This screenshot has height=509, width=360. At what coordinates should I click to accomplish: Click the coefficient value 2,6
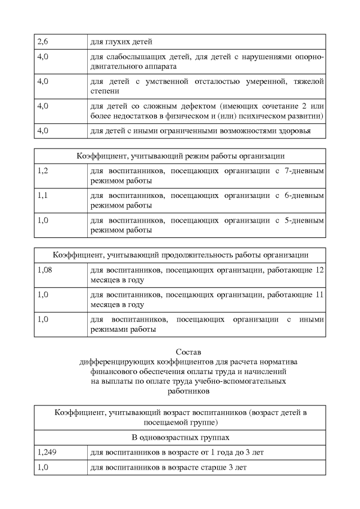pyautogui.click(x=43, y=42)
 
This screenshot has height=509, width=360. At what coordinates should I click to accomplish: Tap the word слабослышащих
pyautogui.click(x=133, y=57)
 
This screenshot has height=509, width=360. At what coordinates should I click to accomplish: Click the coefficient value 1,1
pyautogui.click(x=43, y=196)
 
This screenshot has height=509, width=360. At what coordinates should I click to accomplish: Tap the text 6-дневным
pyautogui.click(x=304, y=196)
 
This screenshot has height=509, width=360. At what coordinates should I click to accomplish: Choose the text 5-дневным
pyautogui.click(x=304, y=220)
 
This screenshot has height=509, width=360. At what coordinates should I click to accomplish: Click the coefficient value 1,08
pyautogui.click(x=45, y=270)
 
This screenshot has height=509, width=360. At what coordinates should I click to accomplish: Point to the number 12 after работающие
pyautogui.click(x=319, y=270)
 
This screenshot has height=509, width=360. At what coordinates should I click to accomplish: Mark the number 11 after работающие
pyautogui.click(x=319, y=295)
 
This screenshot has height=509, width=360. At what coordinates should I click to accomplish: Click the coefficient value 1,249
pyautogui.click(x=47, y=452)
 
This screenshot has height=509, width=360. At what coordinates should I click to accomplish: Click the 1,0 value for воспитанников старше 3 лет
pyautogui.click(x=43, y=467)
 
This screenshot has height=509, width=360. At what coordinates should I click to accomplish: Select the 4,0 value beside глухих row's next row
pyautogui.click(x=43, y=57)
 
